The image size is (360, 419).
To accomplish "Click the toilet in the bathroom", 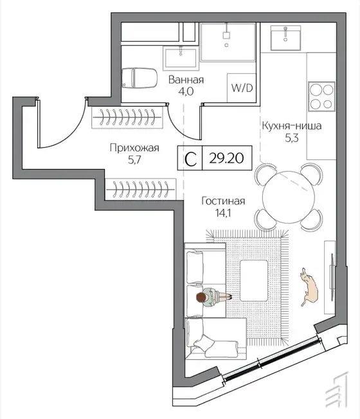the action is tap(139, 78).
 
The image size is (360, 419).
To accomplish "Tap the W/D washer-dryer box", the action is tap(242, 87).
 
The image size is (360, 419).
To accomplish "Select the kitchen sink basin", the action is tap(285, 38).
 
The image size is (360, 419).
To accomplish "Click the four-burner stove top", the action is tap(321, 96).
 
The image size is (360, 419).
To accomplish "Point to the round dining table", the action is tap(289, 197).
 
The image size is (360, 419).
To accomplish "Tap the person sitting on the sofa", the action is tap(213, 297).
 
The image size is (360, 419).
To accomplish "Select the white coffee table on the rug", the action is tap(254, 280).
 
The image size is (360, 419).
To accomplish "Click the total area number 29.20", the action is tap(226, 158).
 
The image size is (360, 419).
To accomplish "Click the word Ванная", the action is tap(186, 80).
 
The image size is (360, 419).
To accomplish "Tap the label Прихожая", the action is tap(134, 148).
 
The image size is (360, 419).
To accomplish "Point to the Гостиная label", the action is tap(223, 201).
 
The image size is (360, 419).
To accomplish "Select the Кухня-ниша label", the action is tap(292, 125).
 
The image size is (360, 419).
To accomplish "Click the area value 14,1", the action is tap(223, 213).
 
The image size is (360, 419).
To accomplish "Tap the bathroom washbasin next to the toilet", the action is tap(181, 58).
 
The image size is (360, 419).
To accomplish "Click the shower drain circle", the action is tap(226, 45).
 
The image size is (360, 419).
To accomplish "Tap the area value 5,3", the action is tap(292, 138).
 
